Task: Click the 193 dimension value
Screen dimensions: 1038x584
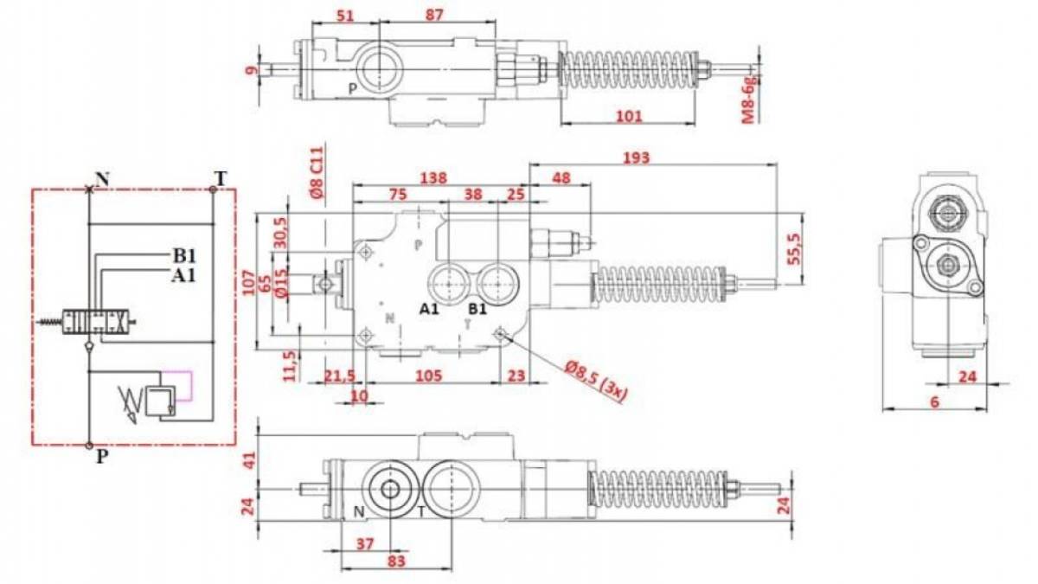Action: [x=636, y=157]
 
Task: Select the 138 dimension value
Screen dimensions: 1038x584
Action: [x=433, y=178]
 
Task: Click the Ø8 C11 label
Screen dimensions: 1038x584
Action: [x=317, y=173]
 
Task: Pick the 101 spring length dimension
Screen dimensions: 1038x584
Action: [x=629, y=116]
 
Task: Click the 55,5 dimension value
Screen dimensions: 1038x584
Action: [x=794, y=249]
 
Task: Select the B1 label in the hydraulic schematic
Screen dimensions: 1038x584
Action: [x=184, y=255]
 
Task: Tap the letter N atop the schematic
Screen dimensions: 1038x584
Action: [x=102, y=179]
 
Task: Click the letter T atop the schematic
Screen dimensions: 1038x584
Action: [x=221, y=178]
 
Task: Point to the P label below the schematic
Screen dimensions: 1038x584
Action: [x=102, y=457]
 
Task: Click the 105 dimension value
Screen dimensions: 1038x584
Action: [x=429, y=375]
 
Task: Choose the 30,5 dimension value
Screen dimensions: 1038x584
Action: [x=281, y=233]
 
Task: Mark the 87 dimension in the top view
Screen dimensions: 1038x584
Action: [x=434, y=15]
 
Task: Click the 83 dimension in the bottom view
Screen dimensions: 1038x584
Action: [x=396, y=562]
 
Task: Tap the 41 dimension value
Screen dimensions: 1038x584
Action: [x=249, y=460]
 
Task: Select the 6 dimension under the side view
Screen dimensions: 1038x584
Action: [x=934, y=401]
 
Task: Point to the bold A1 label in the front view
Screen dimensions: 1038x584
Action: [x=429, y=309]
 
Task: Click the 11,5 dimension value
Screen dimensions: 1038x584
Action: [x=290, y=366]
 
